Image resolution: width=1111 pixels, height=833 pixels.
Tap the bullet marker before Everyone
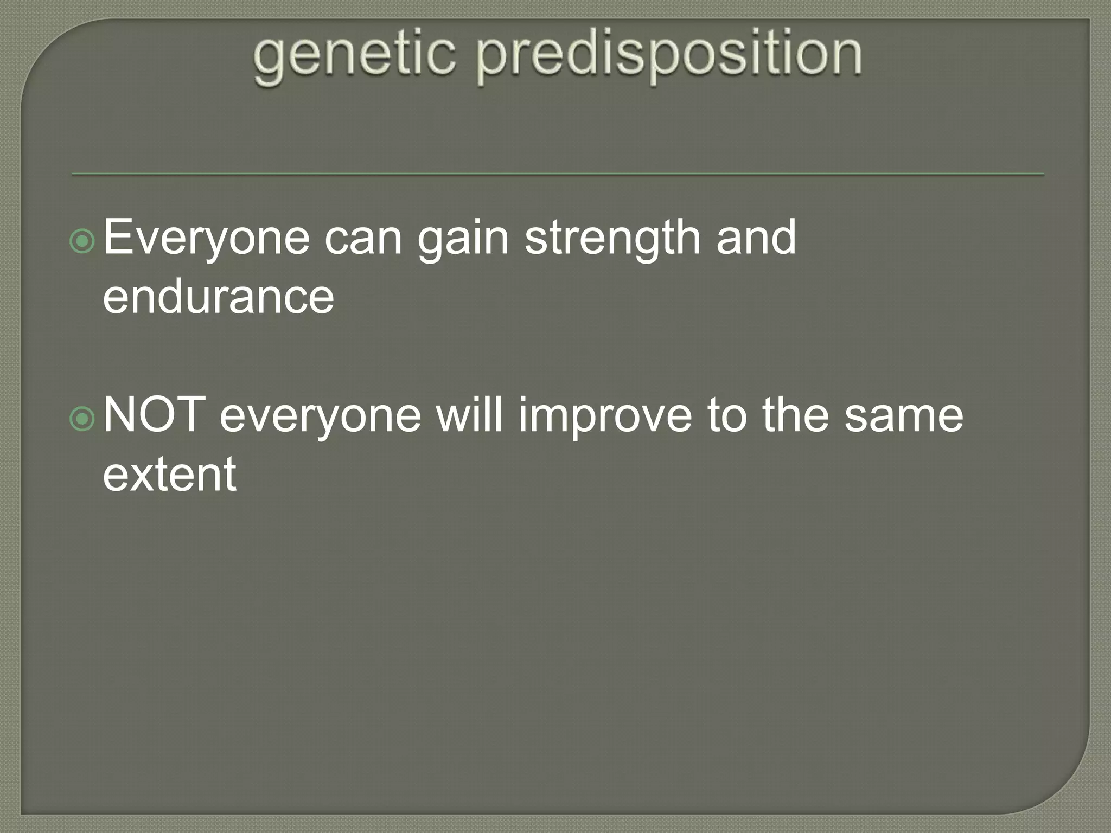83,241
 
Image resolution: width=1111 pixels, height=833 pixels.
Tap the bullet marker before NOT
83,419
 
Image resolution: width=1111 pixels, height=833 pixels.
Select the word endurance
219,297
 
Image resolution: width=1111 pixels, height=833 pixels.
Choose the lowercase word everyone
320,416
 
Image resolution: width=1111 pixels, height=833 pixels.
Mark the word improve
605,416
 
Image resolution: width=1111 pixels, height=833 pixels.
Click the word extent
169,475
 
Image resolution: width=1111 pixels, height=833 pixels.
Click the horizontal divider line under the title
557,175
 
